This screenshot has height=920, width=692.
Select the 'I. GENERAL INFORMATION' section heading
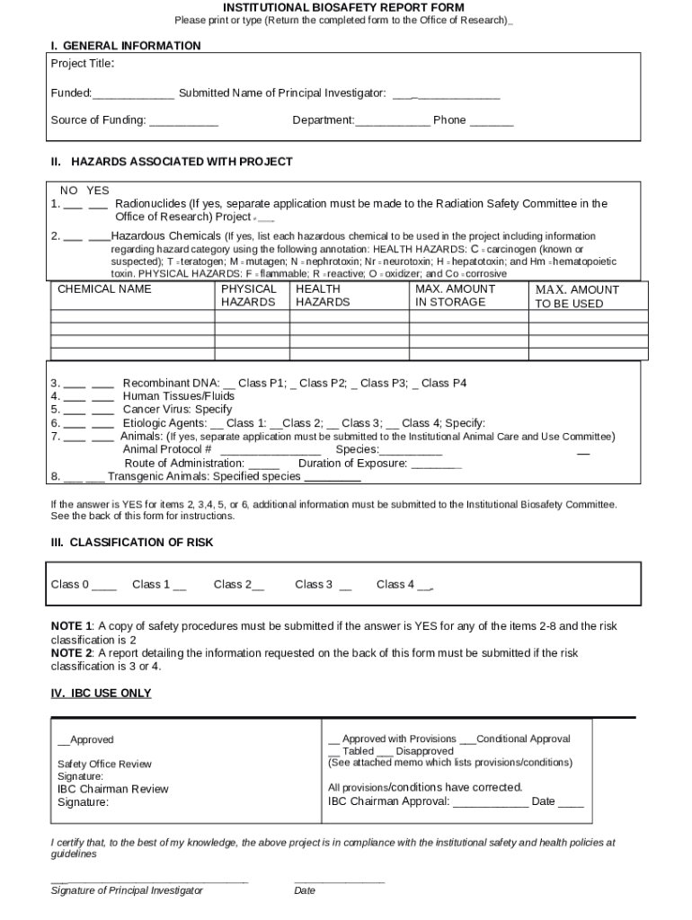click(x=125, y=45)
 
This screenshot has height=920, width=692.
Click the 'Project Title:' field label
click(x=82, y=64)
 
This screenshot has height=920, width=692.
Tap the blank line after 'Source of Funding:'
click(x=183, y=121)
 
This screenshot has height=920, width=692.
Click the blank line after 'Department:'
click(x=393, y=121)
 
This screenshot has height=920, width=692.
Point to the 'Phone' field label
click(x=449, y=120)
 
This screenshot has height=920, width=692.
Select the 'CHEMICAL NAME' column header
click(x=104, y=289)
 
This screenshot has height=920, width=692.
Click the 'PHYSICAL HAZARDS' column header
click(x=249, y=296)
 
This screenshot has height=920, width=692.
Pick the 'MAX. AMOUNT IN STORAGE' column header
click(x=455, y=296)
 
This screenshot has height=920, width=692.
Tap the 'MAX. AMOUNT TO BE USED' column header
click(x=576, y=296)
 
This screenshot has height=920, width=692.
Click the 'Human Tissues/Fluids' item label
click(x=178, y=396)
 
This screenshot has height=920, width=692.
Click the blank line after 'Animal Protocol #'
click(x=271, y=451)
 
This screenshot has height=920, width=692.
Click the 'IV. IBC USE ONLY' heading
click(x=101, y=693)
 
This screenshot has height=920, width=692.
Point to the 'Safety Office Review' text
click(x=104, y=764)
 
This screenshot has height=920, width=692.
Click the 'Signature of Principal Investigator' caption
click(x=127, y=890)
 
